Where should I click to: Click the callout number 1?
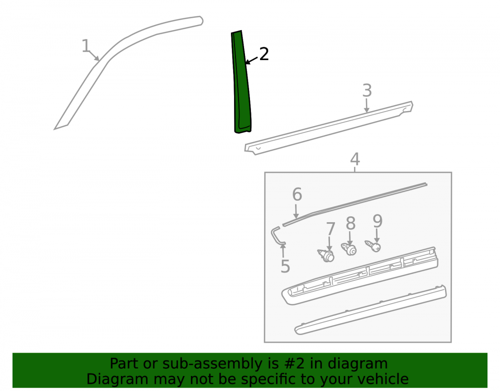86,46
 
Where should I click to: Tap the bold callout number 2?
264,54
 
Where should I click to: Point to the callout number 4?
355,159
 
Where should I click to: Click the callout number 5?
285,266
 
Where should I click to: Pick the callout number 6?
297,194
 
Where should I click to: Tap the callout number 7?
330,229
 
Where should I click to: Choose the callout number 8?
350,223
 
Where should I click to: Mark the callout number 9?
377,221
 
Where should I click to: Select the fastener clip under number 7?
326,256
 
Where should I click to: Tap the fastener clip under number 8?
349,249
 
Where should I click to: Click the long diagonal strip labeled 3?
329,128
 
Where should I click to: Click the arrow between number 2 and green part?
251,60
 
